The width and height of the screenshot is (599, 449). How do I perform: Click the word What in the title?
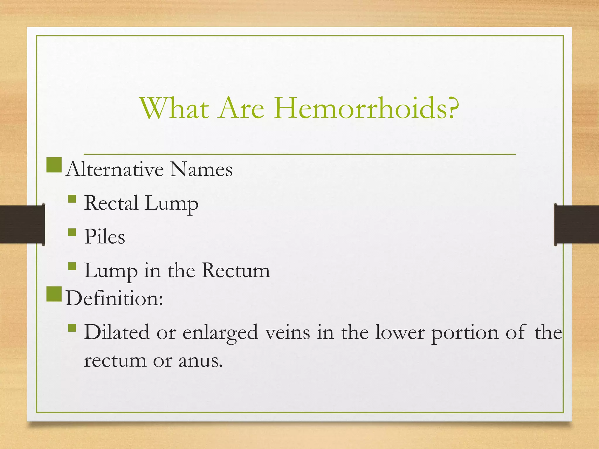click(175, 108)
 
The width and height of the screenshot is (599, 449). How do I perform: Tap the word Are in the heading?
click(240, 108)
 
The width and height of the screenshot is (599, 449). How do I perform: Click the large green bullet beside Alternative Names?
click(54, 165)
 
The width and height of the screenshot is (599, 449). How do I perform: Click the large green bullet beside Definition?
click(54, 294)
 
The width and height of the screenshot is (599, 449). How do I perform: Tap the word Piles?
click(104, 236)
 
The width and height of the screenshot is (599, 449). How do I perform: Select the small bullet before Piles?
click(72, 233)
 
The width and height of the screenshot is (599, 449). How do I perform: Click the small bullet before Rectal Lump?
click(72, 199)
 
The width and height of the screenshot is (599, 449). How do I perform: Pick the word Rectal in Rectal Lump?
click(111, 203)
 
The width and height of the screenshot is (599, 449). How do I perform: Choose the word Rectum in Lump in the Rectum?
click(235, 270)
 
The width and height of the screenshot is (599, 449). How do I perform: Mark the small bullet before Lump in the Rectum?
click(72, 266)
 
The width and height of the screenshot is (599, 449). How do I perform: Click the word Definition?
click(114, 298)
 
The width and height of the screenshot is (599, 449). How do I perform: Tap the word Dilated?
click(116, 332)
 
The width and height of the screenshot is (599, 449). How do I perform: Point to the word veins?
click(288, 333)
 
